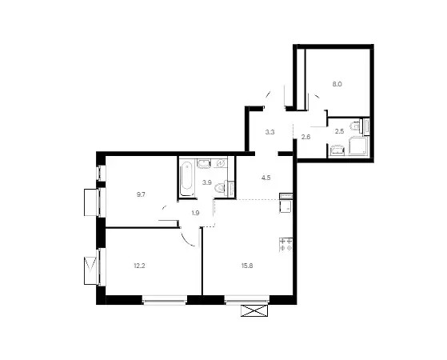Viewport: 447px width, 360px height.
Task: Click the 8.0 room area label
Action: click(337, 85)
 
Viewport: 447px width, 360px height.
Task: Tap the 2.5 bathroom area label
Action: click(339, 131)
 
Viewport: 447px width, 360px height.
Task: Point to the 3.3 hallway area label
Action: click(269, 132)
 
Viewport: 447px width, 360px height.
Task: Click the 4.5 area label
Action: click(266, 178)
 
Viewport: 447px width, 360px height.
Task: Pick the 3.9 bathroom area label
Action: click(206, 182)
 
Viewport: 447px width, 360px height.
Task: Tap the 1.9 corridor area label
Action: click(195, 213)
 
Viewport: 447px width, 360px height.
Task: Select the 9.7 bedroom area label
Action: click(141, 195)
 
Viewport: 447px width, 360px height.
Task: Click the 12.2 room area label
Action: click(139, 266)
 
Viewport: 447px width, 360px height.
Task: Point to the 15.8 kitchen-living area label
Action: click(247, 266)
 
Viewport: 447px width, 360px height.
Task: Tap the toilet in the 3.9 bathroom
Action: click(221, 188)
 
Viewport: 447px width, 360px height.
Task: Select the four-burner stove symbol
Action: click(286, 245)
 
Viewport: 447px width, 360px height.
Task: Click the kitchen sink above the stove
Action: click(286, 206)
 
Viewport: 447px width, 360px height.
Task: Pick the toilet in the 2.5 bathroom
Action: click(356, 126)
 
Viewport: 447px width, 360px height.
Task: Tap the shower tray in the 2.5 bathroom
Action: click(358, 146)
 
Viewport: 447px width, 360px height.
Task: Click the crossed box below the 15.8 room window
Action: click(254, 310)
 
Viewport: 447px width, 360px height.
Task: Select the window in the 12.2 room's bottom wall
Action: click(164, 300)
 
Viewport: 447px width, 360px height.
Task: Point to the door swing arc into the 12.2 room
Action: click(188, 240)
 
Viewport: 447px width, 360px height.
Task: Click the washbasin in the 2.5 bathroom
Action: click(337, 150)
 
